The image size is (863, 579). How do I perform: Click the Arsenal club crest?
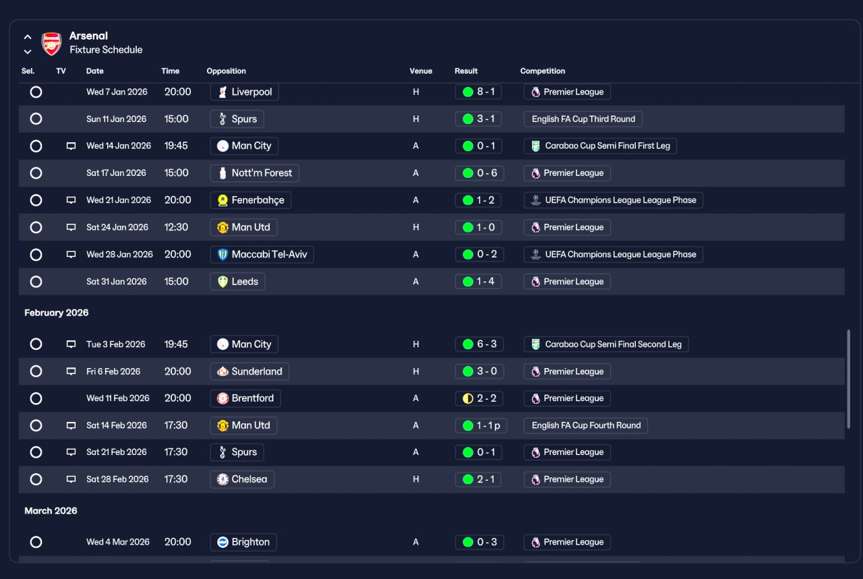51,44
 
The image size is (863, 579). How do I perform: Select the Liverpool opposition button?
244,92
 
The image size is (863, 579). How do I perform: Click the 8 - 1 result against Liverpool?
478,92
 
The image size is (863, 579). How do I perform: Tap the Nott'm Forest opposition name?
262,173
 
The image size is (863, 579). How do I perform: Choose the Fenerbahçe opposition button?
250,200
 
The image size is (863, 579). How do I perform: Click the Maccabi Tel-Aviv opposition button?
262,255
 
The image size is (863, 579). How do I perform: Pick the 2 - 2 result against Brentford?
479,398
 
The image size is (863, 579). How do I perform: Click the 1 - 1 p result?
481,426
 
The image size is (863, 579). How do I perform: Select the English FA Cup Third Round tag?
583,119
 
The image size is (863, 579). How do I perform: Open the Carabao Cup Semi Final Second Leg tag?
606,344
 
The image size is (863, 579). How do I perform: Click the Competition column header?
543,71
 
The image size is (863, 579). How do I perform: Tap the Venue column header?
421,71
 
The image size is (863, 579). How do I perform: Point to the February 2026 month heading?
56,313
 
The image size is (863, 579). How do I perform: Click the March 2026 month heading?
51,511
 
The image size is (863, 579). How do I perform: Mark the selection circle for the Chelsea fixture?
36,480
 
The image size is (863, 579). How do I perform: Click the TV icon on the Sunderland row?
71,371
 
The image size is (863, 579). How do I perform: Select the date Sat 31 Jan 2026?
117,282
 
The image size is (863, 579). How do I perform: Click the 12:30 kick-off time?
176,227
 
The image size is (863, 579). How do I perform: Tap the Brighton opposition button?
243,543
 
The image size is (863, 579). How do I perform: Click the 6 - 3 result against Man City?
479,344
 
